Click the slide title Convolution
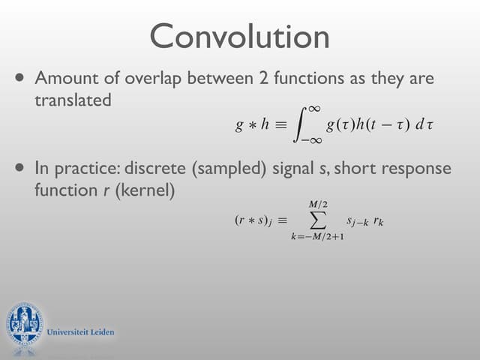click(239, 37)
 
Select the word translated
click(73, 99)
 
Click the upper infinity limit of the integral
click(315, 109)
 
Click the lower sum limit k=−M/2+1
click(319, 237)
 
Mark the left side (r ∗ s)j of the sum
click(253, 221)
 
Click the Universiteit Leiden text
click(80, 331)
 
